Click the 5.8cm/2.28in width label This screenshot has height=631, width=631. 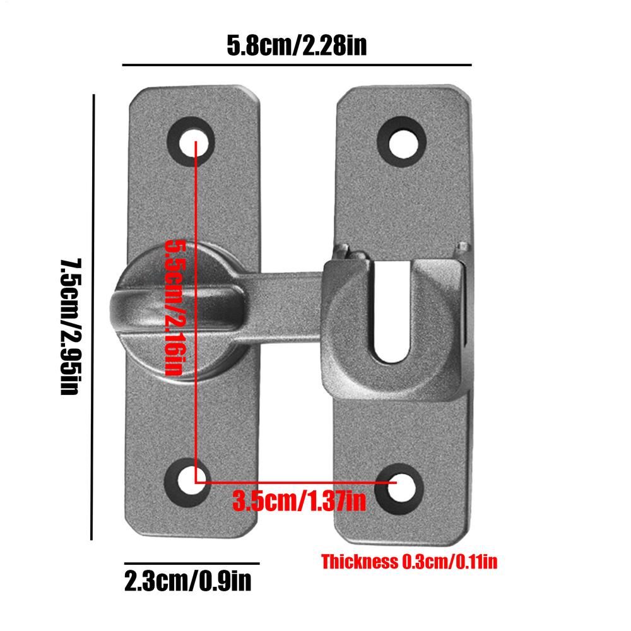pos(297,46)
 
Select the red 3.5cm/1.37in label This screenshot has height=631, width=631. pos(299,502)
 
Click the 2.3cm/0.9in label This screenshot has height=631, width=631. pos(188,581)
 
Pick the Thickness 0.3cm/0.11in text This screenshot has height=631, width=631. pos(409,562)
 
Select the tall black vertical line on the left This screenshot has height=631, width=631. pos(93,315)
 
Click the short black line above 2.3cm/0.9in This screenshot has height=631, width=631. pos(191,563)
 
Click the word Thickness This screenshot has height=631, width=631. pos(359,562)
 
